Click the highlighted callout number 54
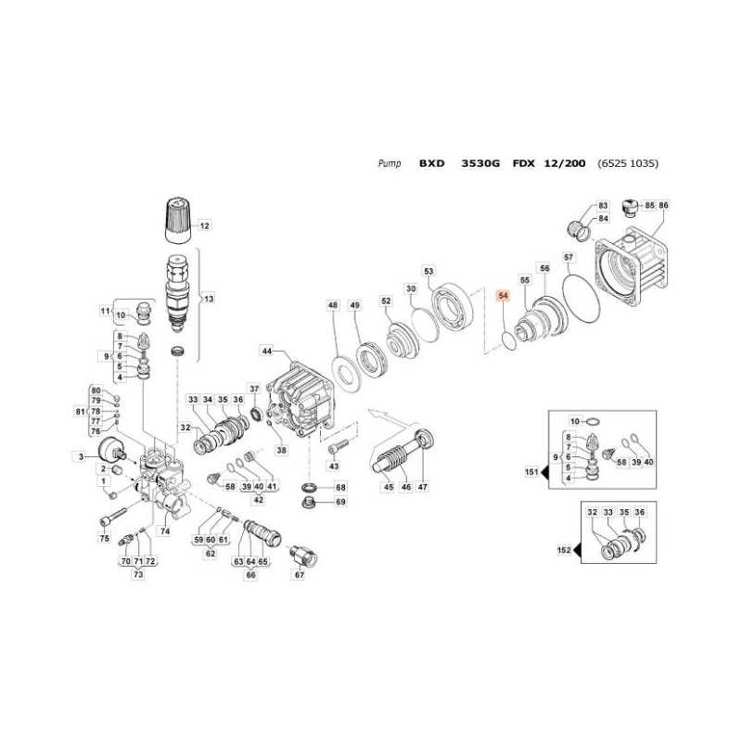[x=504, y=297]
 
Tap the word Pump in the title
[x=390, y=162]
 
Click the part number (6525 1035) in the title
[x=628, y=162]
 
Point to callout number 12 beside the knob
[x=205, y=225]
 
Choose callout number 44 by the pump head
[x=267, y=352]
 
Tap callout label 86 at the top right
[x=663, y=204]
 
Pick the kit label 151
[x=531, y=472]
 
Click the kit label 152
[x=563, y=550]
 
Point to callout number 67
[x=299, y=575]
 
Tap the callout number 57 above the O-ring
[x=569, y=256]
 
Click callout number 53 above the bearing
[x=429, y=271]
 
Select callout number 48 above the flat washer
[x=333, y=305]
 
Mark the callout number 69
[x=339, y=502]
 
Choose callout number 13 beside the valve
[x=209, y=299]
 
